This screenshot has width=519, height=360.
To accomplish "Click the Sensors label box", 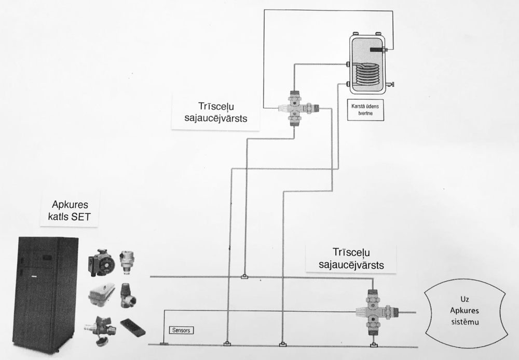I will pos(181,330).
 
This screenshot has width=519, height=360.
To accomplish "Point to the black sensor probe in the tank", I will pos(377,50).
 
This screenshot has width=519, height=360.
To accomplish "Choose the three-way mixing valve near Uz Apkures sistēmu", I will pos(373,312).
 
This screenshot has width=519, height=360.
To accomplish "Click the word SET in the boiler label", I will pos(80,217).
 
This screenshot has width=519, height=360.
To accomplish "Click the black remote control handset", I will pos(132,328).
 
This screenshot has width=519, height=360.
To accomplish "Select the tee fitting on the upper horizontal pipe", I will pos(244,276).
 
